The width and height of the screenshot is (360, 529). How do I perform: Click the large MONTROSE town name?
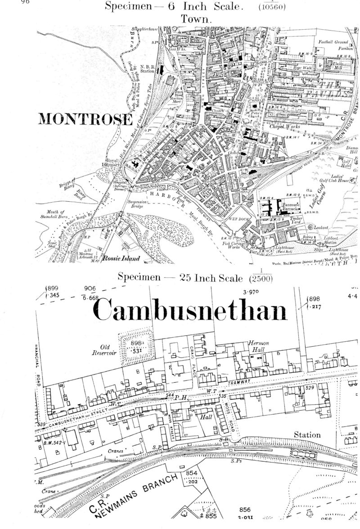(85, 119)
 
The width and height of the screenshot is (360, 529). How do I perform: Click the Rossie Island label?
(121, 258)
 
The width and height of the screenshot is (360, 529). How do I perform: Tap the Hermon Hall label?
(258, 347)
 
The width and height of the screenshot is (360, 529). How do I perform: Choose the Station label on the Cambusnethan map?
(307, 435)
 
